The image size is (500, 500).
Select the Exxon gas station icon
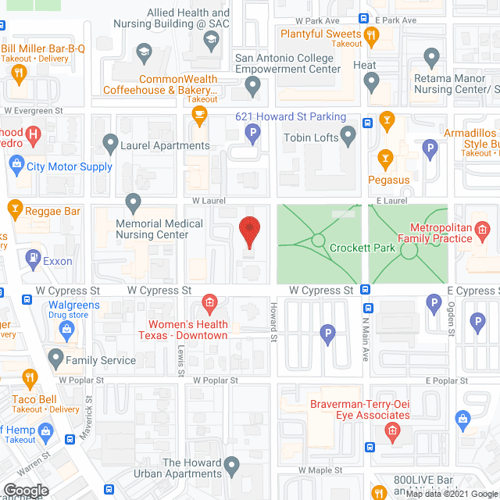pos(34,256)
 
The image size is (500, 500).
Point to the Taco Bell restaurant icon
pos(30,379)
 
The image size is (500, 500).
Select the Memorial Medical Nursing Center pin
pos(134,203)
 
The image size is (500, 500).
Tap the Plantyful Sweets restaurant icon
pos(371,34)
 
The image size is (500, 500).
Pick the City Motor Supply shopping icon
pos(15,165)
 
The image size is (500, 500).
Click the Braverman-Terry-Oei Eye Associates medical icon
pos(393,430)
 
